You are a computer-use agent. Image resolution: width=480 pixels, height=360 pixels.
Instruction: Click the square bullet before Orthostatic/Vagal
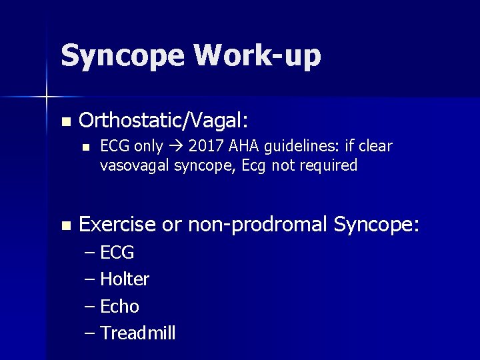[65, 121]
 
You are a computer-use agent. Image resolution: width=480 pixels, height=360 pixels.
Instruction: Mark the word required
[328, 165]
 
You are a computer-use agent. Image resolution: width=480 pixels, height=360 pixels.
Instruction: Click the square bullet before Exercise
[65, 226]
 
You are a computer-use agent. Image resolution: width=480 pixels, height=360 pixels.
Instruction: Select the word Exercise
[118, 225]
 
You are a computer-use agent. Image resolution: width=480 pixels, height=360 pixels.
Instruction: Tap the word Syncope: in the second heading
[377, 225]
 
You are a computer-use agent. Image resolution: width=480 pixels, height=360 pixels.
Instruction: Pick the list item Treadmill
[137, 333]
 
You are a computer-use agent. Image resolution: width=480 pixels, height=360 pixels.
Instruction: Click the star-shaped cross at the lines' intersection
[47, 97]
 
